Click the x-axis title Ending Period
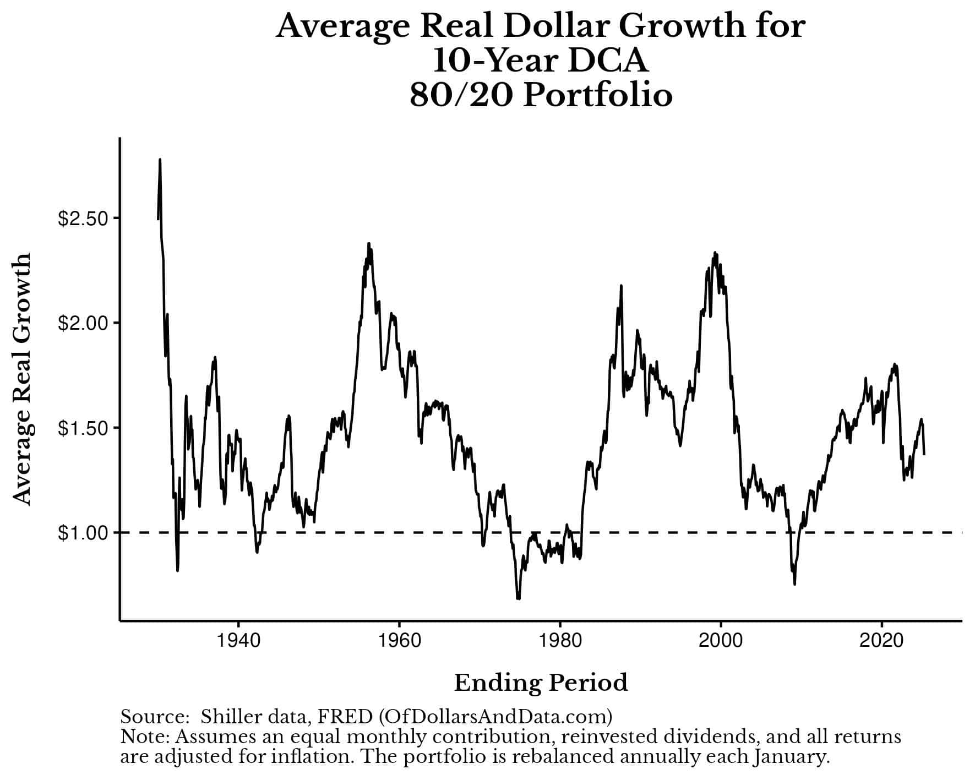(541, 683)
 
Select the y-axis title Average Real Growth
(23, 379)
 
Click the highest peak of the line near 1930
(160, 160)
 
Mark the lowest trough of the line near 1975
(518, 598)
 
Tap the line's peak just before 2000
(715, 253)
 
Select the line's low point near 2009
(794, 583)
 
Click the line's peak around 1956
(369, 243)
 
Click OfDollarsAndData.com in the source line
(495, 717)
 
